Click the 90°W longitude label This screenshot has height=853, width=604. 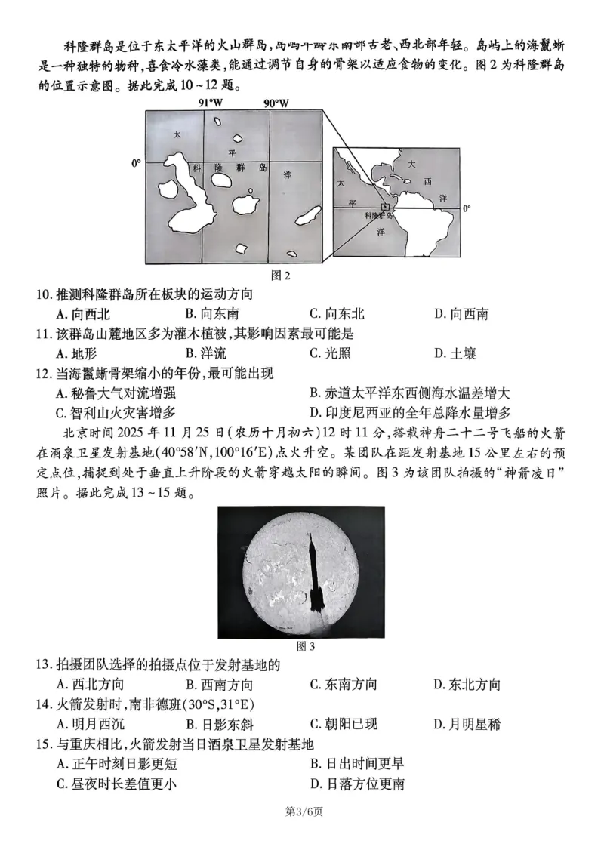pyautogui.click(x=276, y=103)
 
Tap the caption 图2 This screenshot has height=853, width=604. pyautogui.click(x=281, y=275)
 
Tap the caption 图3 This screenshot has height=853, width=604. pyautogui.click(x=301, y=646)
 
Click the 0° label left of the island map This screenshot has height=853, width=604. pyautogui.click(x=136, y=162)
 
